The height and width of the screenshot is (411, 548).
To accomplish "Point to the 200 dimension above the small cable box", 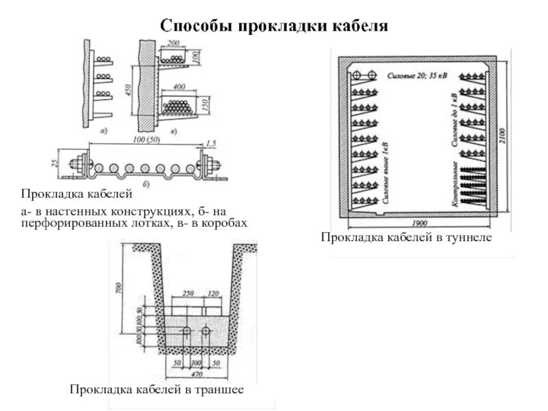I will tap(173, 44).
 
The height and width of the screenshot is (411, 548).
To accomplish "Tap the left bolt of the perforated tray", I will tap(76, 165).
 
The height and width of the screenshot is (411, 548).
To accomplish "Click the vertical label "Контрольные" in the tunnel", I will tap(455, 184).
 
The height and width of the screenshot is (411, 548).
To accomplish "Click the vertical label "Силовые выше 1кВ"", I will tap(388, 170).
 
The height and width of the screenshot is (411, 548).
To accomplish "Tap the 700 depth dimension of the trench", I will tap(118, 288).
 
